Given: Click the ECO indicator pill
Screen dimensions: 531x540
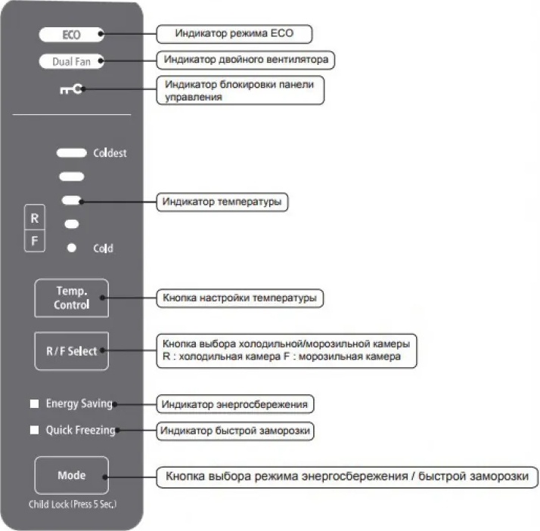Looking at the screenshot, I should pyautogui.click(x=72, y=35).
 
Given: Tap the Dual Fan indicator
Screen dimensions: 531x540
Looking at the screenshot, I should pyautogui.click(x=72, y=62).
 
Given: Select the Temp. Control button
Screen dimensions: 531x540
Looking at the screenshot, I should pyautogui.click(x=72, y=298).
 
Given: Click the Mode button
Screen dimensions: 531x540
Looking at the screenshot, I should pyautogui.click(x=72, y=476).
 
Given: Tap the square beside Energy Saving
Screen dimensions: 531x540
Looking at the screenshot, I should pyautogui.click(x=34, y=404).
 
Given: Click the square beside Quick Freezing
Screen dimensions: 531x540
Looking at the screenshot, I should pyautogui.click(x=34, y=431).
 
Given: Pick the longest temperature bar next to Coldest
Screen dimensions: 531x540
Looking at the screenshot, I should pyautogui.click(x=72, y=153).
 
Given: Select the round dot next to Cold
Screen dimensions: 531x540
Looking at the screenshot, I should pyautogui.click(x=72, y=247).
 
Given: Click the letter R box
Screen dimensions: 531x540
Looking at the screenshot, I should pyautogui.click(x=34, y=218).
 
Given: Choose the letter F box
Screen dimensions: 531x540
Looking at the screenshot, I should pyautogui.click(x=34, y=242).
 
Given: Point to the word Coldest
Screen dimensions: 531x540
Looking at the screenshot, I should pyautogui.click(x=110, y=153).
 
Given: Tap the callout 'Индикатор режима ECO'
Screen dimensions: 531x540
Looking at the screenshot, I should pyautogui.click(x=234, y=34).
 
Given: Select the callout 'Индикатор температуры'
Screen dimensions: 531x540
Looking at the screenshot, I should pyautogui.click(x=224, y=202).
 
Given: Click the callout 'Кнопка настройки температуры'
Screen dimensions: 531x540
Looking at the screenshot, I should pyautogui.click(x=241, y=298).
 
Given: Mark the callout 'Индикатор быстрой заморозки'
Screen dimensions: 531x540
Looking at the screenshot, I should pyautogui.click(x=236, y=431).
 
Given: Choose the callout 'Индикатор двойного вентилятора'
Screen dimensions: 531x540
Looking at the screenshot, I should pyautogui.click(x=247, y=58).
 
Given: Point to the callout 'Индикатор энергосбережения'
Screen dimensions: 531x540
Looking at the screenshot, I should pyautogui.click(x=234, y=404).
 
